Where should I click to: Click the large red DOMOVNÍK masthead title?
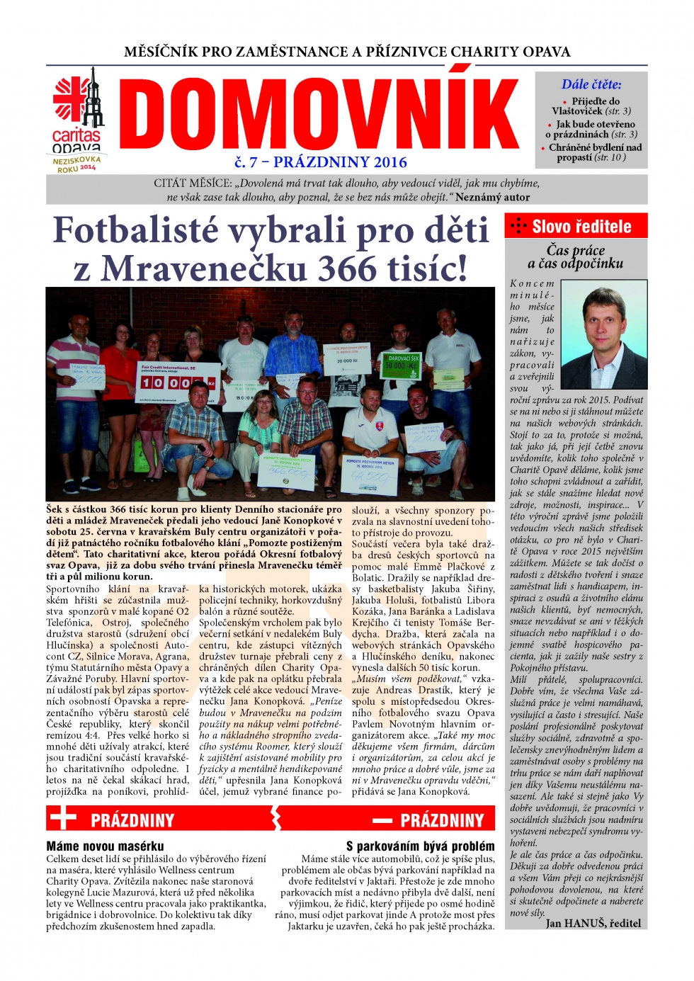[319, 115]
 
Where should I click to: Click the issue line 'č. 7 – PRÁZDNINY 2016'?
[321, 162]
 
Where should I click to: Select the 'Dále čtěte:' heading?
[591, 84]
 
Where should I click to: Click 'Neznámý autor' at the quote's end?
[492, 197]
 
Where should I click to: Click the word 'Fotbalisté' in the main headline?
[135, 230]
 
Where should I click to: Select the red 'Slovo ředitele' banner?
[576, 227]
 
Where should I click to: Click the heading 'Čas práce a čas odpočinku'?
[576, 256]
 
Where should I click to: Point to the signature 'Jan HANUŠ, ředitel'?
[593, 923]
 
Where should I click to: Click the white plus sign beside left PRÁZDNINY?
[63, 819]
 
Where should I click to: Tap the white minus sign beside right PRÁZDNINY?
[382, 820]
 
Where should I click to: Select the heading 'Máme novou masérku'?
[105, 846]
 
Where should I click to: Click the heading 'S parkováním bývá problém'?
[420, 846]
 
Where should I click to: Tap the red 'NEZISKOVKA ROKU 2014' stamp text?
[77, 164]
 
